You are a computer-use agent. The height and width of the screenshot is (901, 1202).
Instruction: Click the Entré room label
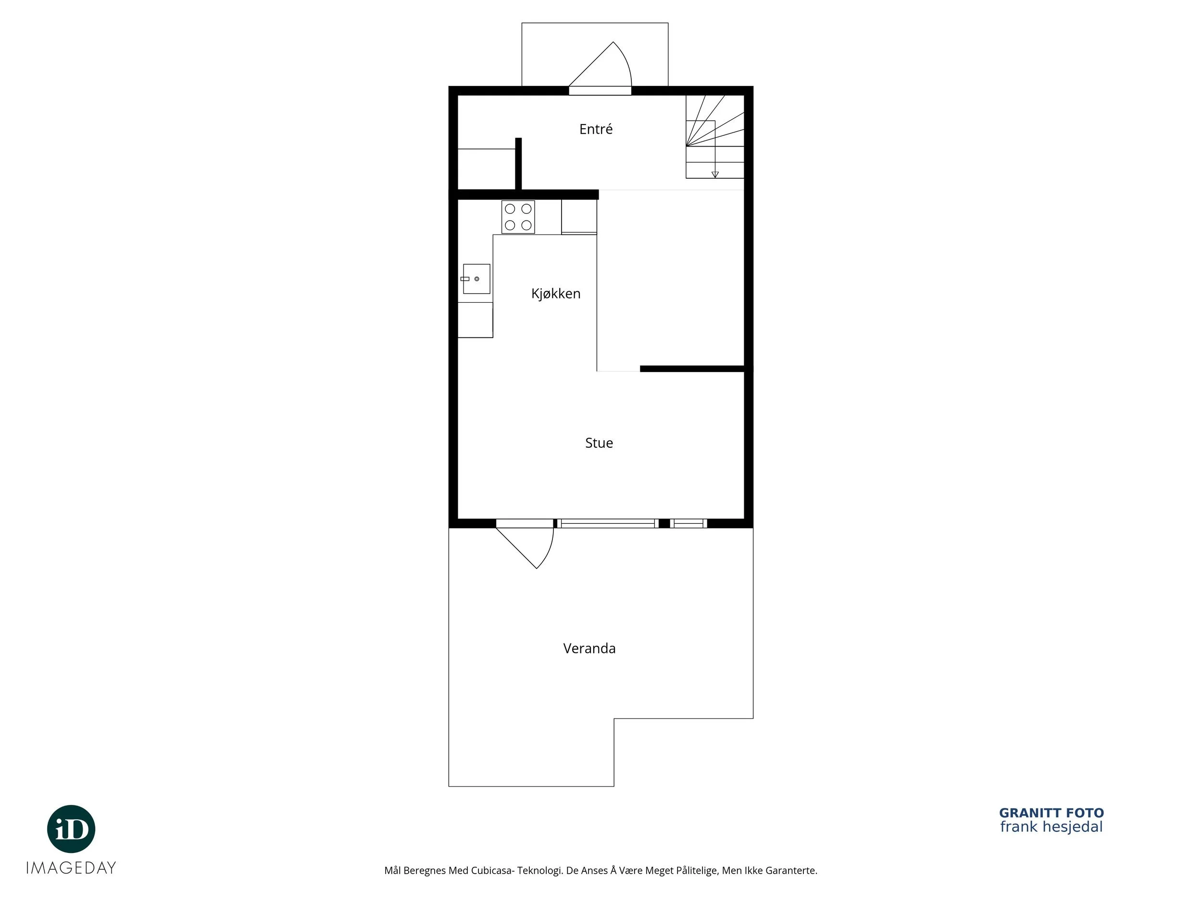coord(596,129)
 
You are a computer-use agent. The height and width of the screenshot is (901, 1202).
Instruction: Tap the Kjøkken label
coord(556,294)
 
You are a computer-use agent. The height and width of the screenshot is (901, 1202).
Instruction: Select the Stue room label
coord(599,443)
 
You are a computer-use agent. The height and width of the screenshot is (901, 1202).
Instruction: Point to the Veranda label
coord(589,648)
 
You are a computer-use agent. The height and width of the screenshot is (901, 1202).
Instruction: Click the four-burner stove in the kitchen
coord(518,217)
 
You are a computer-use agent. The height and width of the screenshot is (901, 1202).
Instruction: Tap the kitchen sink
coord(476,279)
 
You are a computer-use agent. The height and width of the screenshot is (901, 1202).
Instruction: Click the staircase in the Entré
coord(714,137)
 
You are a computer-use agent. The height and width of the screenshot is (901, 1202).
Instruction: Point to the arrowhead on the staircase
coord(715,175)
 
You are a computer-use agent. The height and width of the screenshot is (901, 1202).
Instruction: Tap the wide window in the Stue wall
coord(608,524)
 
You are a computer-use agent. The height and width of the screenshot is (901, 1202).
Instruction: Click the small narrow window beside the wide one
coord(689,524)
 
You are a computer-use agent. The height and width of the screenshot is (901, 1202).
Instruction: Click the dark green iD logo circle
coord(71,829)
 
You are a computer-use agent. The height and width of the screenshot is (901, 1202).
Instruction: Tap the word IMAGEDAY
coord(71,868)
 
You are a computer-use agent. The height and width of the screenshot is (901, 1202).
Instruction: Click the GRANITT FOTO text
coord(1052,813)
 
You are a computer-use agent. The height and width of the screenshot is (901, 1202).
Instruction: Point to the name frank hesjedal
coord(1052,827)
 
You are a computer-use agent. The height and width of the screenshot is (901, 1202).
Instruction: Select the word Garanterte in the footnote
coord(791,871)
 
